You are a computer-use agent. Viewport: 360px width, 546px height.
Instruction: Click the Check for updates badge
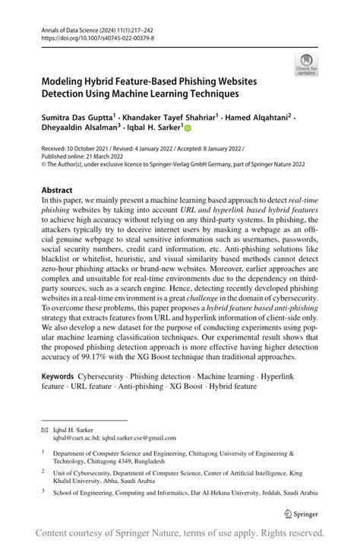pos(308,64)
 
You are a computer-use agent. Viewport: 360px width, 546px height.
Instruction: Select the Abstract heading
pos(58,190)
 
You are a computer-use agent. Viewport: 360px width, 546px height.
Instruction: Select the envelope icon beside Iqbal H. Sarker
pos(44,429)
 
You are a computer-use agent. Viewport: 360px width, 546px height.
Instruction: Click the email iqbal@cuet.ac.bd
pos(76,437)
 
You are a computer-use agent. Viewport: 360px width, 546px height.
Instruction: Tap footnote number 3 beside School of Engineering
pos(44,491)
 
